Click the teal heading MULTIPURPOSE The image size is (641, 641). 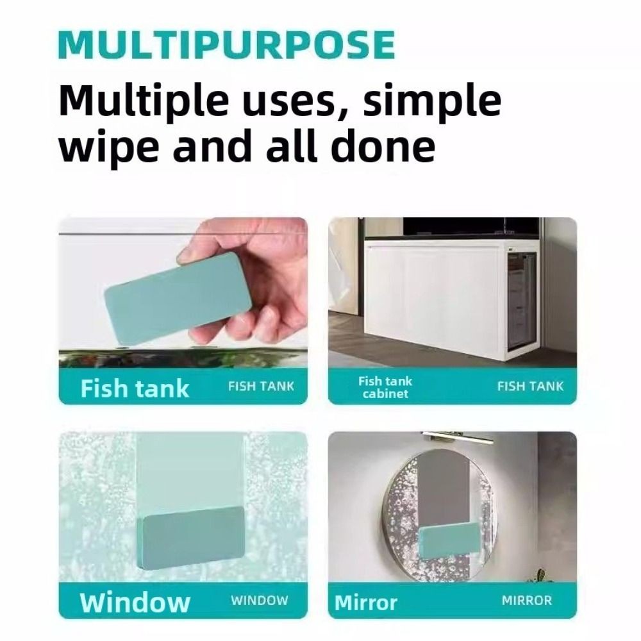(x=227, y=45)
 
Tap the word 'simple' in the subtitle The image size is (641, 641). (x=432, y=102)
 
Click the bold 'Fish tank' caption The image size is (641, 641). (x=135, y=388)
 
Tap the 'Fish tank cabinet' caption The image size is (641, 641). (x=385, y=387)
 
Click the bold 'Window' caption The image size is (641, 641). (x=135, y=602)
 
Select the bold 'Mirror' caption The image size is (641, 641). (x=366, y=603)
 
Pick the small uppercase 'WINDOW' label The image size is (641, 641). (x=260, y=601)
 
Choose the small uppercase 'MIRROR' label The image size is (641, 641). (x=527, y=601)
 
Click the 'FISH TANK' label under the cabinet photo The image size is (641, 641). (x=530, y=387)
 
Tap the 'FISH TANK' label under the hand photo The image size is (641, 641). (x=262, y=387)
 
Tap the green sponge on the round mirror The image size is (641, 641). (x=450, y=540)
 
